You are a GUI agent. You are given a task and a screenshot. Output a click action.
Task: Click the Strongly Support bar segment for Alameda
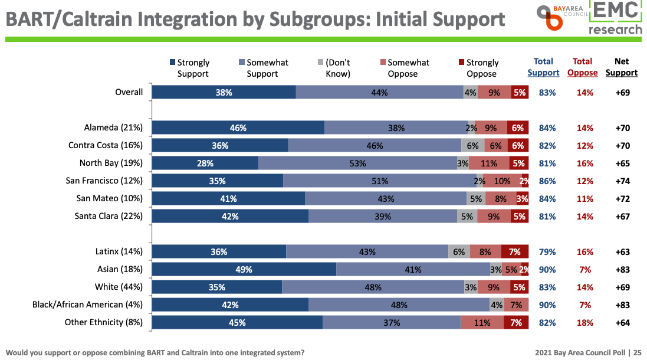[238, 128]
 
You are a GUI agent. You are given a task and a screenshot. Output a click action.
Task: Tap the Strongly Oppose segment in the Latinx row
[514, 252]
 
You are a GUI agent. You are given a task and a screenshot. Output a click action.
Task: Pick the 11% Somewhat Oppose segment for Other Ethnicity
[482, 323]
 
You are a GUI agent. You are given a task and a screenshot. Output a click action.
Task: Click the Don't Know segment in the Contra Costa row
[473, 146]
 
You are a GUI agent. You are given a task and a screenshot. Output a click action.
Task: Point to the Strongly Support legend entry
[190, 68]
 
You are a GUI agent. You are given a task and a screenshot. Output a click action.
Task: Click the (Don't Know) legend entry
[335, 68]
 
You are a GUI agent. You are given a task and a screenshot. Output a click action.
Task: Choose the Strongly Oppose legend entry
[479, 68]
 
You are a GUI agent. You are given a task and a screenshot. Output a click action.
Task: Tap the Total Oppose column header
[582, 67]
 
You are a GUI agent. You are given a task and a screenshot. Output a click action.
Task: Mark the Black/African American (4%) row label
[87, 305]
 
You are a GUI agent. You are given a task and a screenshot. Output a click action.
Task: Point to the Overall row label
[129, 92]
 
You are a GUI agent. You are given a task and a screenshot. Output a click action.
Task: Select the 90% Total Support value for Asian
[547, 270]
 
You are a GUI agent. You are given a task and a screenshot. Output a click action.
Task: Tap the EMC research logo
[616, 18]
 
